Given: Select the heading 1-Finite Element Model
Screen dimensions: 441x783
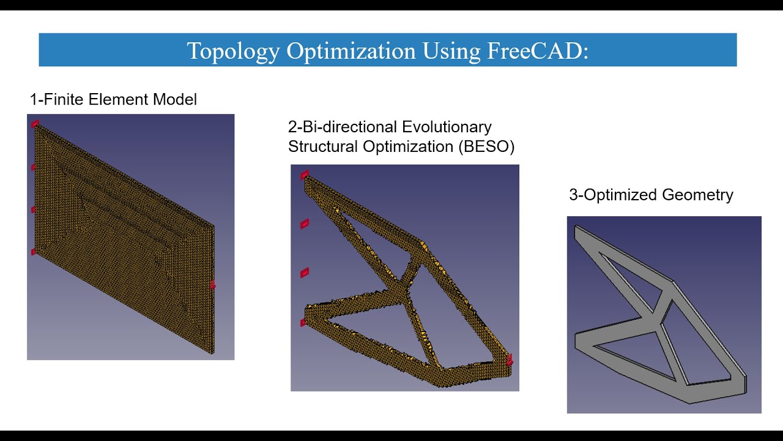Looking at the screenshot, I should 113,99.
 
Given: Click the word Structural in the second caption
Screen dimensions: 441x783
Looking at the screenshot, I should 324,146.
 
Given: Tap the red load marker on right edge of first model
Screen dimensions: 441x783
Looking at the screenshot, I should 212,284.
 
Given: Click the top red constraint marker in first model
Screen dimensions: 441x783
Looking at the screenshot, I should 35,124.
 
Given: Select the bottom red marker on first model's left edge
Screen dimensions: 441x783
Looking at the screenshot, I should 34,251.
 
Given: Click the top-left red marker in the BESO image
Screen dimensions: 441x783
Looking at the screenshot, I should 305,175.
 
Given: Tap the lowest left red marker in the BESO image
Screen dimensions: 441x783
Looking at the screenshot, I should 303,322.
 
